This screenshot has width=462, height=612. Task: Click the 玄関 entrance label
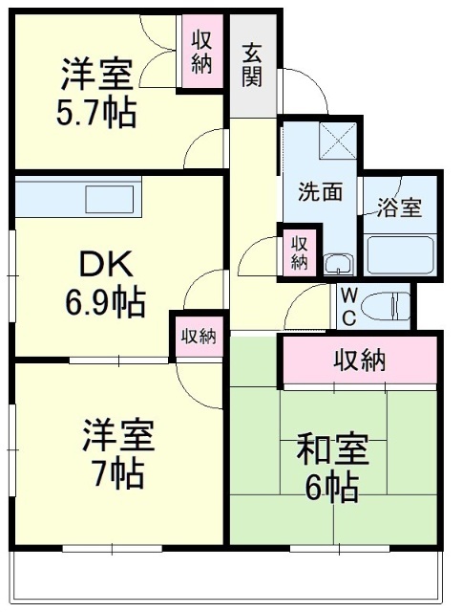click(251, 65)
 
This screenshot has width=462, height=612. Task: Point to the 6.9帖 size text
click(105, 304)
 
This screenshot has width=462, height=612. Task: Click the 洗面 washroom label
click(319, 191)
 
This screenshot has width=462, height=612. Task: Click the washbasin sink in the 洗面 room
click(336, 263)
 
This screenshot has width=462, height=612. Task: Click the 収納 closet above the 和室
click(360, 361)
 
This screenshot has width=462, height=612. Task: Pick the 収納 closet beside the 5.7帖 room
click(202, 53)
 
